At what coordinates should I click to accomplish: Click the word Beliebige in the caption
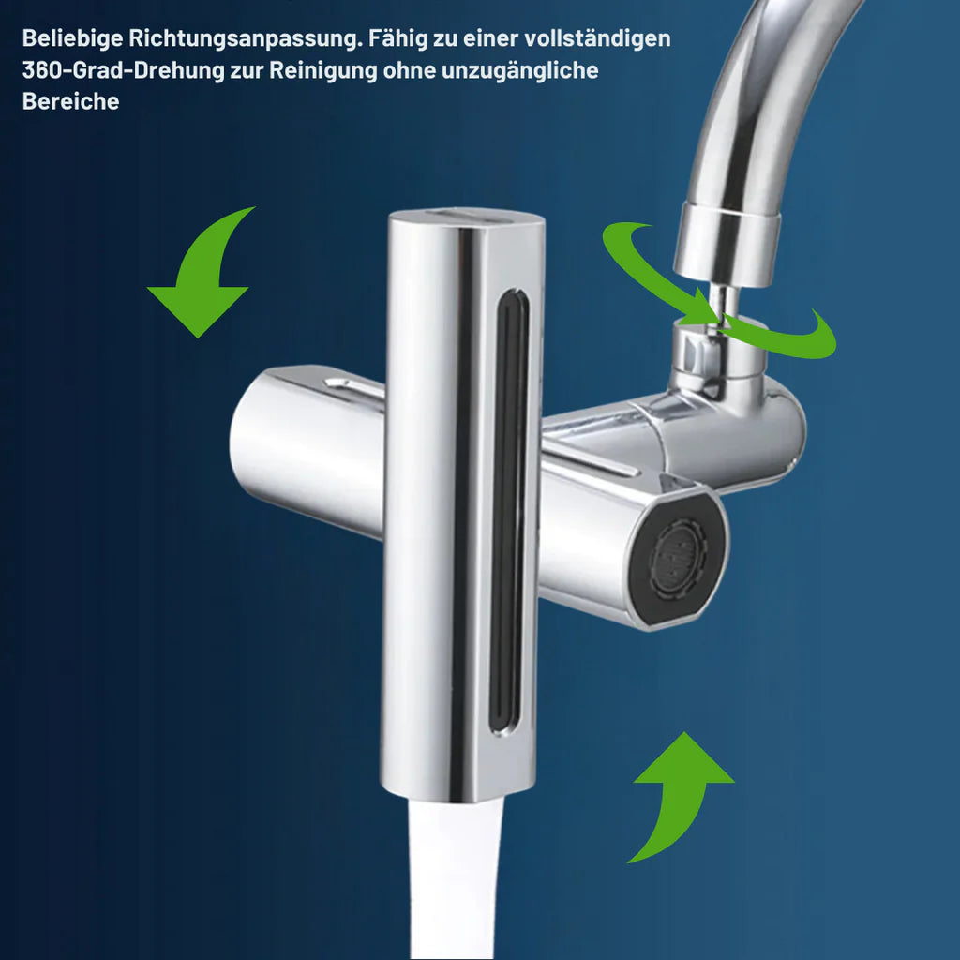pyautogui.click(x=72, y=38)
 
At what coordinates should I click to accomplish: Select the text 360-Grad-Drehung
pyautogui.click(x=124, y=70)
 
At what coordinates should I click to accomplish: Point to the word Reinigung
pyautogui.click(x=323, y=70)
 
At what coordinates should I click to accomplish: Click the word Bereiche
pyautogui.click(x=70, y=101)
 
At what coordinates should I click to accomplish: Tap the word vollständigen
pyautogui.click(x=597, y=38)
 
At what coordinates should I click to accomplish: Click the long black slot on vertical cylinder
pyautogui.click(x=508, y=511)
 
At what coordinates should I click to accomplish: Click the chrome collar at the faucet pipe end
pyautogui.click(x=727, y=245)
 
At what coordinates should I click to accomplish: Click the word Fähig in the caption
pyautogui.click(x=397, y=38)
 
